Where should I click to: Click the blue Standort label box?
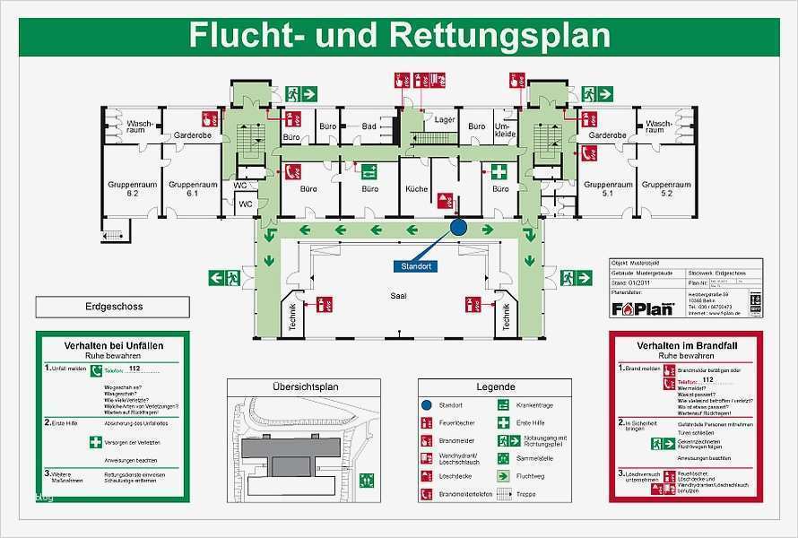point(416,266)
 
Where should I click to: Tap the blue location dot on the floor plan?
point(458,228)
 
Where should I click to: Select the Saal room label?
point(398,295)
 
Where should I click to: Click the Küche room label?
point(416,189)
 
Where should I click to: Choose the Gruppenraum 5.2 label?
point(666,188)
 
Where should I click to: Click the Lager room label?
point(445,119)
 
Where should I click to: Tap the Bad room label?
point(369,126)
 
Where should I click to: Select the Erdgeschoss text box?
point(114,307)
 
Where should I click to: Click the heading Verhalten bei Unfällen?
point(113,345)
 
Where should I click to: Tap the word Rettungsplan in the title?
point(500,35)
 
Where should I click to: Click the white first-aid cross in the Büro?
point(499,170)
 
